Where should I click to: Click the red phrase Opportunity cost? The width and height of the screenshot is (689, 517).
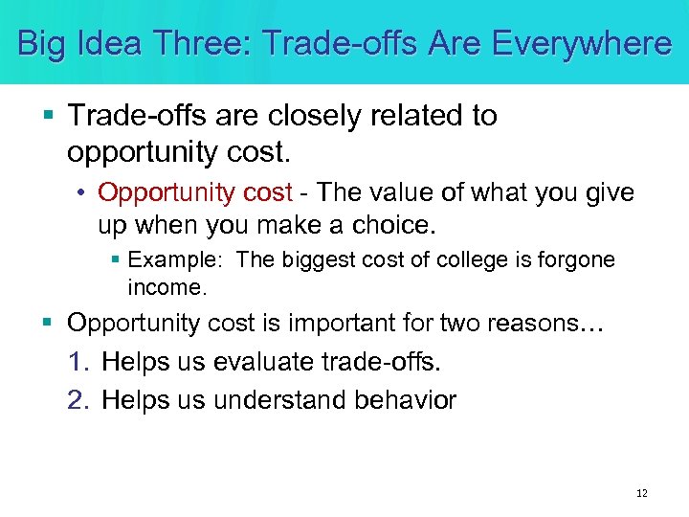pyautogui.click(x=194, y=193)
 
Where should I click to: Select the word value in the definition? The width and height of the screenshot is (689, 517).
pyautogui.click(x=392, y=193)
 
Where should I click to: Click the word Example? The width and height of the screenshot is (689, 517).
pyautogui.click(x=177, y=260)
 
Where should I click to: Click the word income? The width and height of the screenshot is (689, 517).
pyautogui.click(x=167, y=286)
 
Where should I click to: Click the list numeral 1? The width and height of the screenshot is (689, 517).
pyautogui.click(x=78, y=363)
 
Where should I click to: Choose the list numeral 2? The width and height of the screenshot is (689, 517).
pyautogui.click(x=78, y=400)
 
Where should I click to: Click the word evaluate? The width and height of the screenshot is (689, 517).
pyautogui.click(x=249, y=363)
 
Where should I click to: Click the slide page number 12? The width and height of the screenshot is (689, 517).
pyautogui.click(x=641, y=493)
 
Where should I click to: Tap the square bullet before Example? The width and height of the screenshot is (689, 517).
pyautogui.click(x=115, y=260)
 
